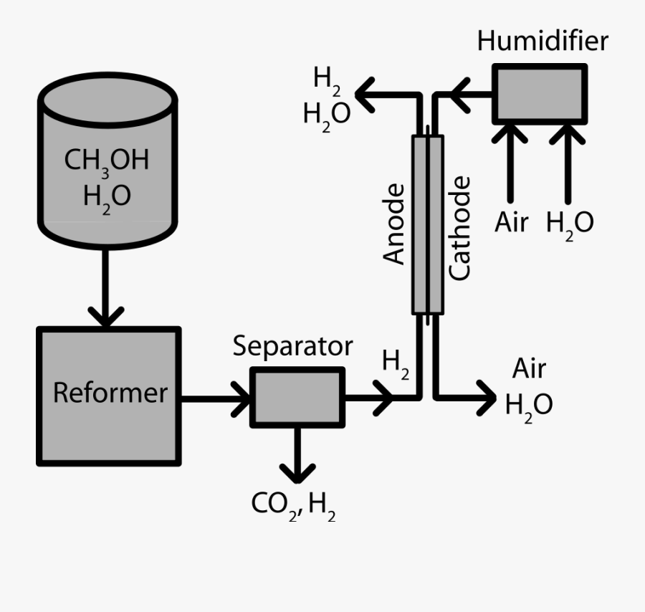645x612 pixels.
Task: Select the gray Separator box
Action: (297, 397)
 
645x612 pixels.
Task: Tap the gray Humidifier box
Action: (540, 94)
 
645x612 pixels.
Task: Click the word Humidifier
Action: (542, 41)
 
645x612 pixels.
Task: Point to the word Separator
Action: (292, 347)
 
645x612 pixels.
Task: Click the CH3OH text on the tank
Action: (107, 161)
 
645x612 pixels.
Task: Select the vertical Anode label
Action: (395, 224)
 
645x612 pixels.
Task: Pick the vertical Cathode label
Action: (459, 228)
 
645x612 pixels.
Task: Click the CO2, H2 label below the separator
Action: (293, 506)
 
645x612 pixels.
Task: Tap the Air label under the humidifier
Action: (511, 223)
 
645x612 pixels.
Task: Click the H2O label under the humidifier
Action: (569, 224)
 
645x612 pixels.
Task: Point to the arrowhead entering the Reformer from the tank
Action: (106, 316)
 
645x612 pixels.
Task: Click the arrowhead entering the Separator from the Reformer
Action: (241, 397)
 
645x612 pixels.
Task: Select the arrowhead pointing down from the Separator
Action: (297, 472)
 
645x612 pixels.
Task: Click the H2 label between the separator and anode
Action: (396, 361)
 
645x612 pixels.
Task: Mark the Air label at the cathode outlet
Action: (529, 369)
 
